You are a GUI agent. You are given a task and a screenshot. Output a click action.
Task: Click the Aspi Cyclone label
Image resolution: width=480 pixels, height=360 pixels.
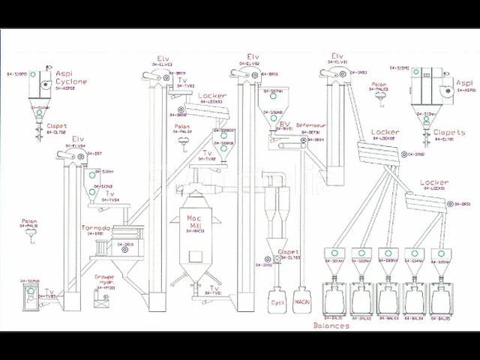click(71, 78)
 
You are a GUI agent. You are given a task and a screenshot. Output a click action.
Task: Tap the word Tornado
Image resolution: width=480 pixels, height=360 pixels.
click(97, 228)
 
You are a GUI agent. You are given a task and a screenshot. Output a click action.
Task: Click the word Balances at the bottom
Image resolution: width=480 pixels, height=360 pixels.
click(331, 326)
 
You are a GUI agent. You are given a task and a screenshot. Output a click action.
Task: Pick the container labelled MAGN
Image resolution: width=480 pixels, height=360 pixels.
click(302, 301)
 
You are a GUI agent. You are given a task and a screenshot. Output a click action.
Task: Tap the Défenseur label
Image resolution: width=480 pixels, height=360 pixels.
click(310, 124)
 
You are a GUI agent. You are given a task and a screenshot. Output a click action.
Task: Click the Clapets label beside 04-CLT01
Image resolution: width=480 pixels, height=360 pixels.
click(449, 133)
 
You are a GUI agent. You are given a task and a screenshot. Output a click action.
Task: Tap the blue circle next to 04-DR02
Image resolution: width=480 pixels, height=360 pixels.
click(404, 154)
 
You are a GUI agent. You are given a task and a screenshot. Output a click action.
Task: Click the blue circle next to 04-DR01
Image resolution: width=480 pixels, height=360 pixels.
click(452, 204)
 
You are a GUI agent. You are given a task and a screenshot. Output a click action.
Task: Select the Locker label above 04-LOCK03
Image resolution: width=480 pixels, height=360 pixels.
click(213, 96)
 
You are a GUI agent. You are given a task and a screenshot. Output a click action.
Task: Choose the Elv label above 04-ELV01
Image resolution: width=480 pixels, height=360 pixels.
click(337, 56)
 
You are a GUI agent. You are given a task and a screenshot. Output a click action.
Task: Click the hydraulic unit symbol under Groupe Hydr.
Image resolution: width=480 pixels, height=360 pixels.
click(100, 300)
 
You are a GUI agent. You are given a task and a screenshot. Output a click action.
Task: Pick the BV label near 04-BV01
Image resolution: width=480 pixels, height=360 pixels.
click(284, 124)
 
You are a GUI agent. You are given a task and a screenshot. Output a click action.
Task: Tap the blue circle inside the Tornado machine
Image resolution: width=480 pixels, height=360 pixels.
click(109, 244)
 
